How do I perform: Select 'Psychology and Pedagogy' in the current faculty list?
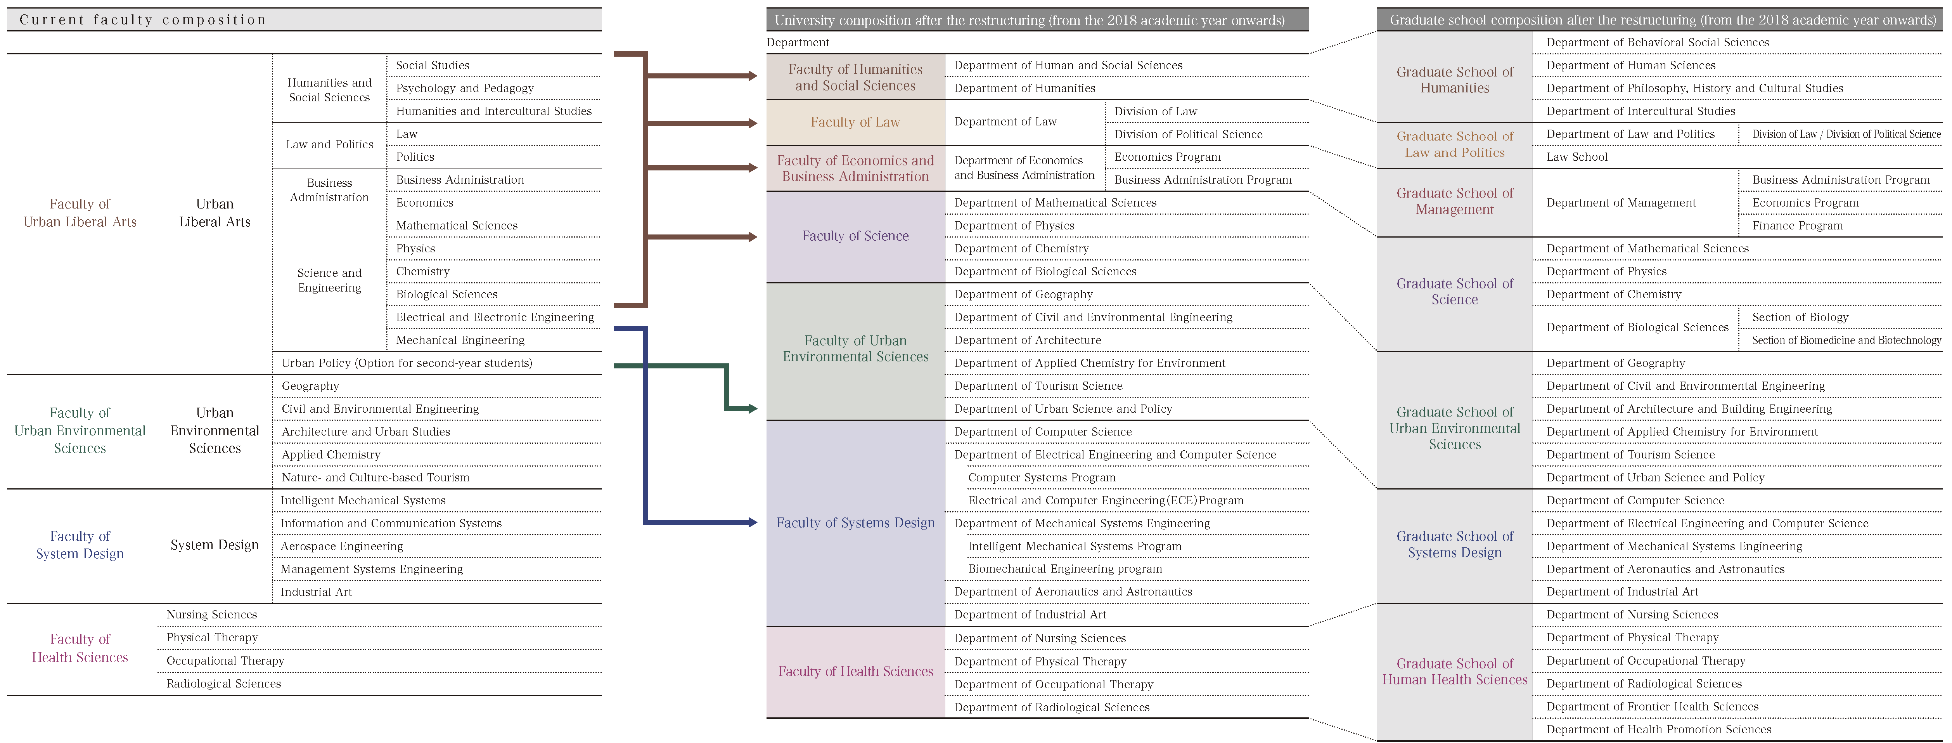click(464, 88)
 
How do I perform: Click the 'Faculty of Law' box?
click(855, 122)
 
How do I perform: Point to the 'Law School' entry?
click(1577, 157)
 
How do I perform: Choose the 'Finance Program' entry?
click(1798, 225)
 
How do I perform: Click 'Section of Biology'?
click(1800, 317)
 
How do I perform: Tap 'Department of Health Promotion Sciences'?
click(1659, 729)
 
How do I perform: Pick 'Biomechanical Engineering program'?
click(1065, 569)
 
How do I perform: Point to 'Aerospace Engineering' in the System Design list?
click(342, 546)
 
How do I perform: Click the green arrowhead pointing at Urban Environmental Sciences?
click(753, 409)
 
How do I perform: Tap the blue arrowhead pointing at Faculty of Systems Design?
click(753, 523)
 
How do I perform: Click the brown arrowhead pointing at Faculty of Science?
click(753, 236)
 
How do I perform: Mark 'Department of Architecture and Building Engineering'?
click(1689, 409)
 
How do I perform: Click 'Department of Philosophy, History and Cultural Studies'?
click(1694, 88)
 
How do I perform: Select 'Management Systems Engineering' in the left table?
click(371, 569)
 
